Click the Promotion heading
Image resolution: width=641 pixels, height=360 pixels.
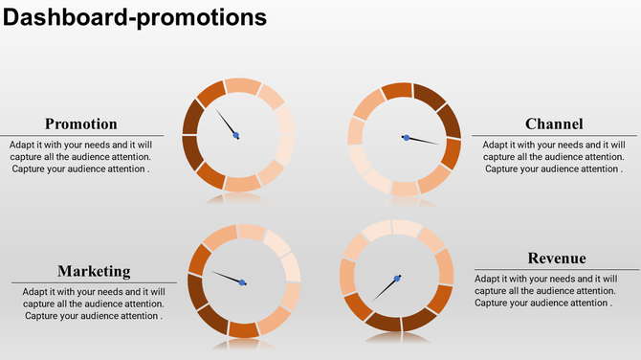pos(81,124)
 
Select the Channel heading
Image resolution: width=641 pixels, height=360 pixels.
pos(554,124)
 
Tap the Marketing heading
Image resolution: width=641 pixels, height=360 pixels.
pos(94,271)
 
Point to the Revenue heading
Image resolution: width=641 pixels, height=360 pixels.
pos(557,259)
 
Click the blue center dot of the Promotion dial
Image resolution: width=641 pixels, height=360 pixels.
pos(236,135)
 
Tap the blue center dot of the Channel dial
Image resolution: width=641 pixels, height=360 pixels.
pos(407,138)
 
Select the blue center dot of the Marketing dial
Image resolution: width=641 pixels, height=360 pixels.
pos(242,281)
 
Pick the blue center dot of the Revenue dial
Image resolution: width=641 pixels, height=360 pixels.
pos(397,279)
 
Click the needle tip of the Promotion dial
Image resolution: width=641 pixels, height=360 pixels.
pos(216,110)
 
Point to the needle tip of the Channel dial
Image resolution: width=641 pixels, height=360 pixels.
pos(439,145)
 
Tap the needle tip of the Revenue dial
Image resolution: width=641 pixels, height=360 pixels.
pos(375,300)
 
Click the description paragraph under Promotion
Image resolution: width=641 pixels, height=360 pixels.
pos(81,156)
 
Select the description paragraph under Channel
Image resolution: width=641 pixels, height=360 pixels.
pos(554,156)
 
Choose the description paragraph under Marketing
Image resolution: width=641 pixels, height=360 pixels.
pos(94,304)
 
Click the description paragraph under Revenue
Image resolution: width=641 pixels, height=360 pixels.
pos(544,290)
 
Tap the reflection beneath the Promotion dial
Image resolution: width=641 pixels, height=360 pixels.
pos(236,199)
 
